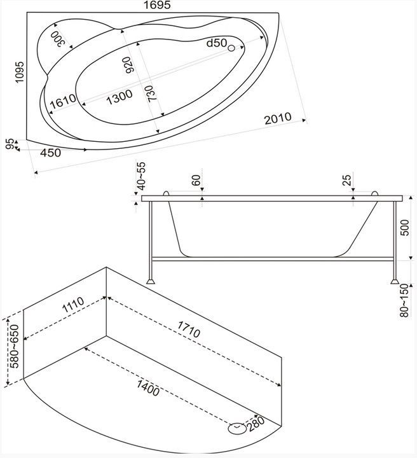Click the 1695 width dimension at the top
click(157, 5)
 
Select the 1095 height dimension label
click(20, 72)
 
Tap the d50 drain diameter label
click(217, 43)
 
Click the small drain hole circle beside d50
click(231, 48)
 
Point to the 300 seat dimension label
click(57, 39)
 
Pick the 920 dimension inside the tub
click(128, 65)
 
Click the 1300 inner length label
click(119, 97)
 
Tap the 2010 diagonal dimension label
click(278, 118)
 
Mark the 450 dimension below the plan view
click(50, 153)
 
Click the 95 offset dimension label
click(10, 144)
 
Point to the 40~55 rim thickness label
click(141, 176)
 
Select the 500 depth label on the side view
click(405, 228)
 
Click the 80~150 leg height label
click(404, 300)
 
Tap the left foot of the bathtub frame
click(151, 281)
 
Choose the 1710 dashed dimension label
click(189, 329)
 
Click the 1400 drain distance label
click(148, 387)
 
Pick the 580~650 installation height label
click(14, 346)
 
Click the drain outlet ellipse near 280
click(237, 429)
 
